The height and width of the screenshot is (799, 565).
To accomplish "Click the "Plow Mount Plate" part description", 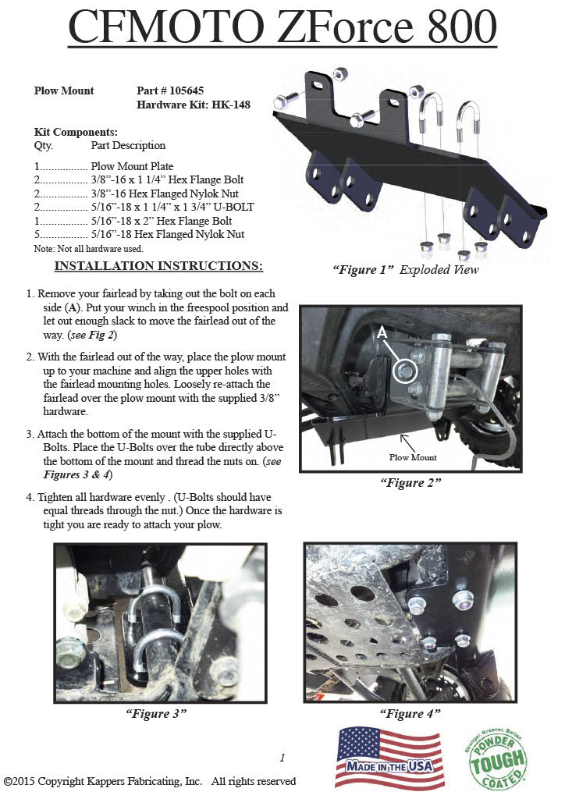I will [x=132, y=166].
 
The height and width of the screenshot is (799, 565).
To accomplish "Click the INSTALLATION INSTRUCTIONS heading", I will [x=158, y=266].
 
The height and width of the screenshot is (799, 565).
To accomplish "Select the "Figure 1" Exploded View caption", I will [x=405, y=270].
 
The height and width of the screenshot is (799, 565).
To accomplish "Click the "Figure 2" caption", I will [x=410, y=482].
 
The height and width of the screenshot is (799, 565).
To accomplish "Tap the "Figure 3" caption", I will [x=156, y=712].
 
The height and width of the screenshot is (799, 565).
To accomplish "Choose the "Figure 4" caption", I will [x=410, y=712].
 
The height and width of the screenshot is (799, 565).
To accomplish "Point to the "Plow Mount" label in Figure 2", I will [x=413, y=456].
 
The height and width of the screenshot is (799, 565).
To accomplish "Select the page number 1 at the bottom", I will [x=282, y=757].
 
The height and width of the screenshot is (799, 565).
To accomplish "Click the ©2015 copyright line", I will [x=150, y=781].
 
